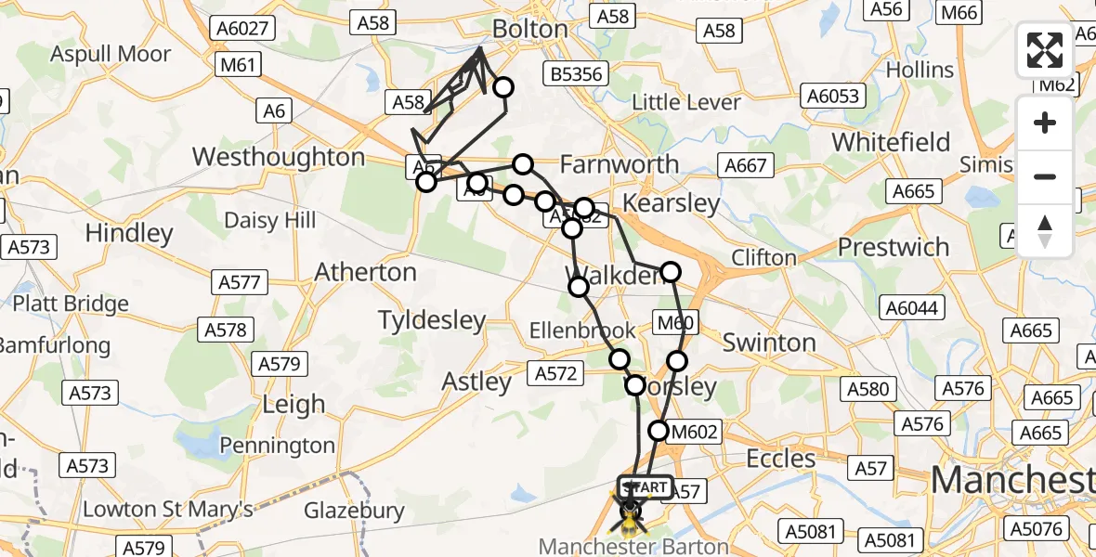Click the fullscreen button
pos(1045,50)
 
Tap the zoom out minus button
pos(1045,176)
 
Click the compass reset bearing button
pos(1045,231)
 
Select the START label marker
pos(645,487)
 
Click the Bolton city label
pos(529,29)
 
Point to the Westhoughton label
pos(279,156)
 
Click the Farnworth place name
pos(620,164)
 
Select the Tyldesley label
pos(432,321)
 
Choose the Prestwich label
pos(894,247)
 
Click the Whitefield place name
pos(891,142)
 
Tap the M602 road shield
pos(695,431)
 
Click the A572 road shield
pos(555,374)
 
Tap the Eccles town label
pos(781,459)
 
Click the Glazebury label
pos(354,511)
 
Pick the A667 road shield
pos(745,165)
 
